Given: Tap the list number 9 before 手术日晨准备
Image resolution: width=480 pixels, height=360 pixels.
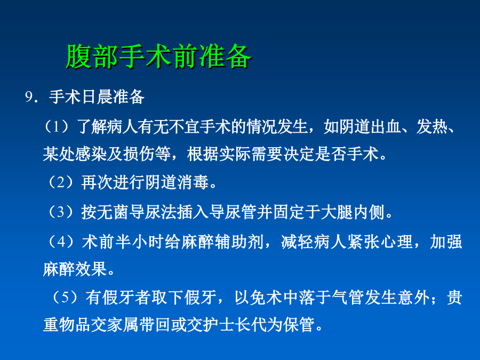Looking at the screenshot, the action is tap(29, 97).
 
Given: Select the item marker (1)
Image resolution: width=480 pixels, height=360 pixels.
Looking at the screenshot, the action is tap(57, 126).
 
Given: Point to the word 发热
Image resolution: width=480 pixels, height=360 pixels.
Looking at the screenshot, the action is tap(431, 126).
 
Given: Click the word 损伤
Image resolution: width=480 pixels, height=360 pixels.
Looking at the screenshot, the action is tap(138, 154).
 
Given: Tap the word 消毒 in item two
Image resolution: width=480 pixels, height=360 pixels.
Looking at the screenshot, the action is tap(193, 182).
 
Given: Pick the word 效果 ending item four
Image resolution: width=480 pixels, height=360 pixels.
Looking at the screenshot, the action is tap(91, 269).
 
